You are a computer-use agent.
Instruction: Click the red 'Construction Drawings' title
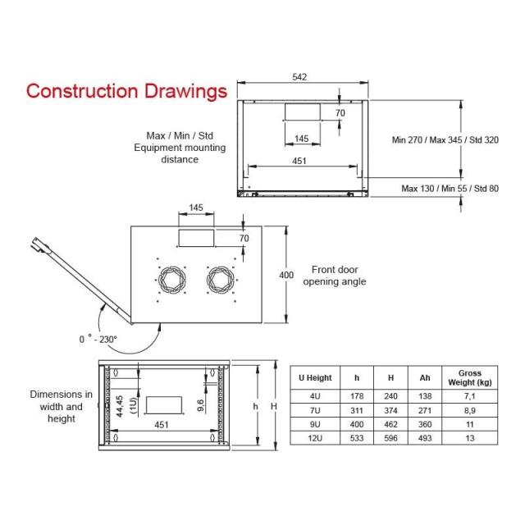point(126,90)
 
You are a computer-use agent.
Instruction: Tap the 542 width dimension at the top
point(299,77)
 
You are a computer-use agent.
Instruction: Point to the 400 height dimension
point(285,276)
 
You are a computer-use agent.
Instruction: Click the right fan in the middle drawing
point(221,281)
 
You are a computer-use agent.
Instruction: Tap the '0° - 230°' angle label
point(98,338)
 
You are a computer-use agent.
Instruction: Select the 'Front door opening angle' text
point(334,276)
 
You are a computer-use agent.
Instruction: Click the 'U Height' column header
point(315,378)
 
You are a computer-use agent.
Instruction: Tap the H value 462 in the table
point(391,424)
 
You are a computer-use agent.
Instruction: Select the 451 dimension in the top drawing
point(299,161)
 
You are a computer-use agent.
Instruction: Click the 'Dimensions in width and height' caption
point(61,406)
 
